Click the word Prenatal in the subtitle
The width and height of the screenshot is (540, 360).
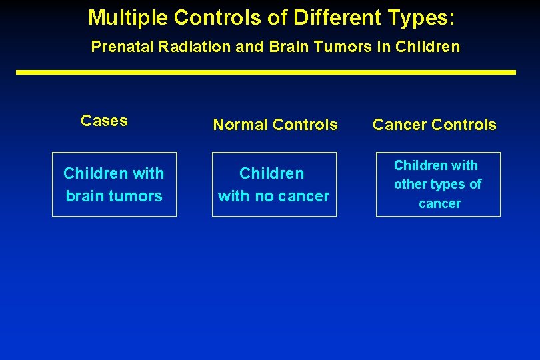[x=117, y=47]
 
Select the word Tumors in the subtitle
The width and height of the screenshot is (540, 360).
[x=346, y=47]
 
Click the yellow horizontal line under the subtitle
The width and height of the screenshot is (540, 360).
[x=266, y=72]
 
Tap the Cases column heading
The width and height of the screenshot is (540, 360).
[x=104, y=121]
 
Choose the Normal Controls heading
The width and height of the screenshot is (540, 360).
[x=275, y=125]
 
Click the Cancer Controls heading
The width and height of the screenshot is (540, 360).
[x=434, y=125]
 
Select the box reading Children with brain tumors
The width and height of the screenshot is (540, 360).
[x=114, y=185]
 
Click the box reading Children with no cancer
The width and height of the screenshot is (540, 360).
[x=274, y=185]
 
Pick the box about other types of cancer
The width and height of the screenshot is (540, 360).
[x=438, y=185]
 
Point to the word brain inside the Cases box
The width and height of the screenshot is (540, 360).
[x=83, y=196]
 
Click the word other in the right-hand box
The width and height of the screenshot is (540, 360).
[x=410, y=184]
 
